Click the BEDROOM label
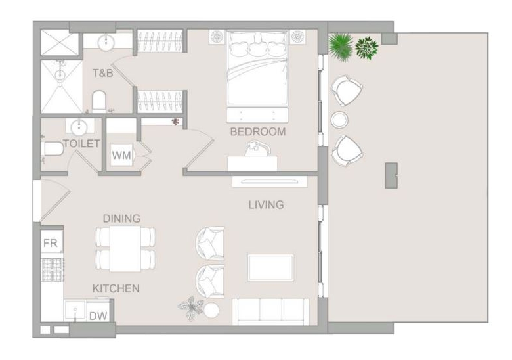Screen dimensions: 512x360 (257, 131)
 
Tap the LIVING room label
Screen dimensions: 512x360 (266, 205)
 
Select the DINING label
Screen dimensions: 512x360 (121, 219)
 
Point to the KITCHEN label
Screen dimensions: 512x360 (116, 288)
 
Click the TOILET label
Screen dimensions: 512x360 (81, 144)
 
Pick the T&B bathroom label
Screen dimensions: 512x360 (103, 73)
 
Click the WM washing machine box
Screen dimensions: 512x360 (121, 155)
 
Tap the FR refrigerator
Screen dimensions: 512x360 (51, 242)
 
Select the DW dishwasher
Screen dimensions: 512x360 (98, 315)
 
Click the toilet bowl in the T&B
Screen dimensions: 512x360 (98, 101)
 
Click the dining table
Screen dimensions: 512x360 (125, 248)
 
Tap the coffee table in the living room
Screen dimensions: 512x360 (270, 267)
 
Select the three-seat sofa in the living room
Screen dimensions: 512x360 (270, 311)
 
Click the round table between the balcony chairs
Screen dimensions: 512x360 (339, 120)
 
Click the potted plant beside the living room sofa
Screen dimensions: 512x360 (190, 307)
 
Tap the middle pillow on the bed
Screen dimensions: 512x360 (258, 49)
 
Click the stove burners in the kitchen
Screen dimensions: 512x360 (53, 269)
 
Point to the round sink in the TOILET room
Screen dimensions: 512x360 (79, 127)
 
